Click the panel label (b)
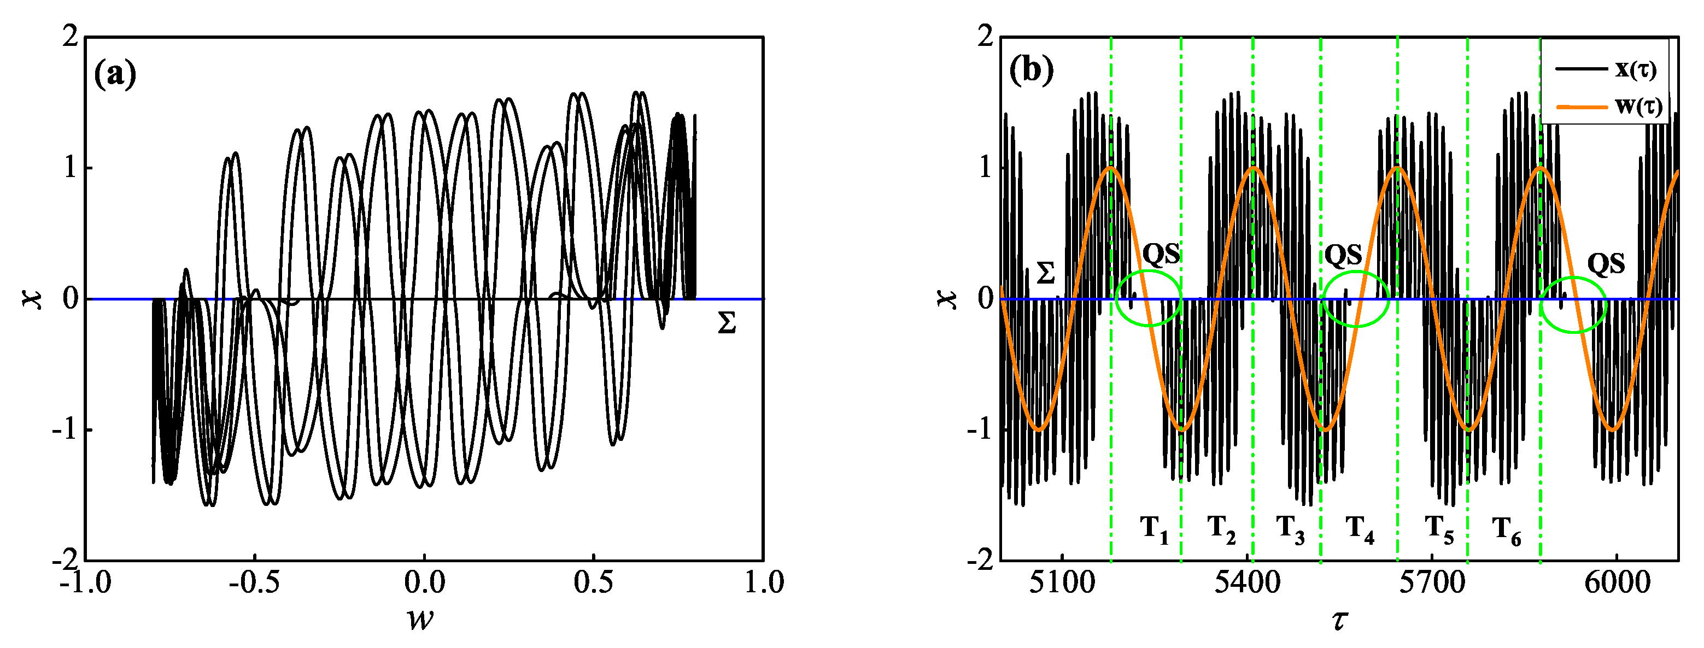[1030, 70]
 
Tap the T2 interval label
[1222, 529]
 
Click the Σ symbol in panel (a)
[727, 324]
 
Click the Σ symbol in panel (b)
[1045, 273]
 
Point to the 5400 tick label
[1246, 583]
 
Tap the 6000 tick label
[1615, 583]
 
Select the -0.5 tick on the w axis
[254, 583]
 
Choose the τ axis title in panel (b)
[1340, 621]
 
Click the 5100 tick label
[1062, 583]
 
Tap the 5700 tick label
[1431, 583]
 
